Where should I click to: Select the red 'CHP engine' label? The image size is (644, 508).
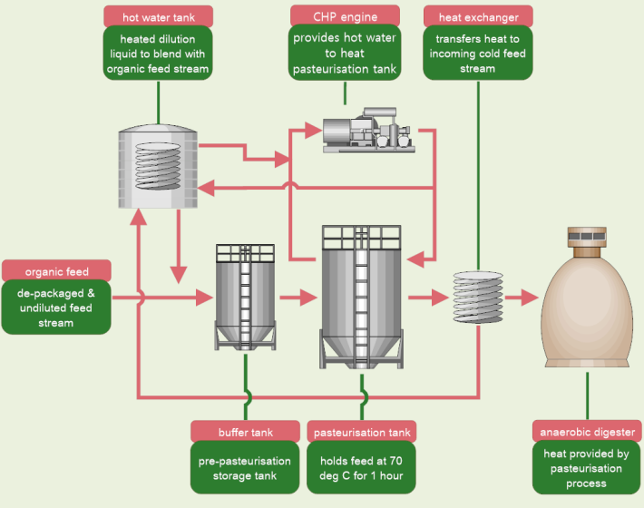(346, 15)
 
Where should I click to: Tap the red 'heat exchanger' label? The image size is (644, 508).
(478, 15)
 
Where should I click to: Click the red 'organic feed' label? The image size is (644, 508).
(56, 270)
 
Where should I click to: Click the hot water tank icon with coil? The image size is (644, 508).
(151, 168)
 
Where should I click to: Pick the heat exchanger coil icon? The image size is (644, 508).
(477, 295)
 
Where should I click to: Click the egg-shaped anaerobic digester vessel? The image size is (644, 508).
(585, 304)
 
